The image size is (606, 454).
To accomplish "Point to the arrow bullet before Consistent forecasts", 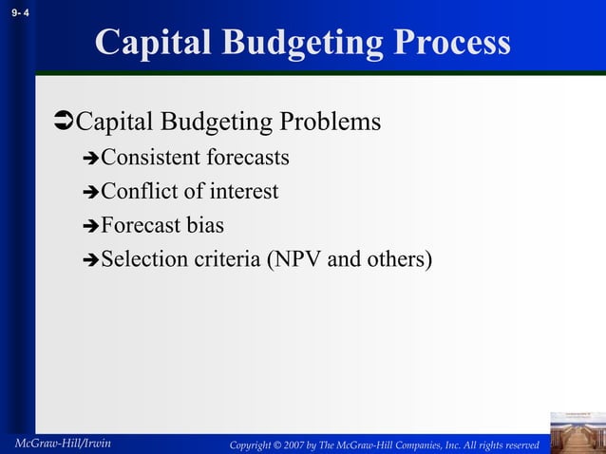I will [90, 159].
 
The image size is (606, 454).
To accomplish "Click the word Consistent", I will [149, 158].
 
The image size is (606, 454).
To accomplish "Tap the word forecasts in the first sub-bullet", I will [246, 158].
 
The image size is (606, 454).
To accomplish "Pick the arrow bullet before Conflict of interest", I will [90, 193].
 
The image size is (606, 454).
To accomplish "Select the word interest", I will [243, 192].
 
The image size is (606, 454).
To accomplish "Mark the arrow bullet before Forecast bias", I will [90, 227].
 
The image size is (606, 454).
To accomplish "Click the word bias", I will [205, 226].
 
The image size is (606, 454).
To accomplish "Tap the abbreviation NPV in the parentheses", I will [299, 259].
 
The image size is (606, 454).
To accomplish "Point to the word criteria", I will [223, 259].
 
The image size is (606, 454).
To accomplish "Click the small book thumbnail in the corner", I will [577, 432].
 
